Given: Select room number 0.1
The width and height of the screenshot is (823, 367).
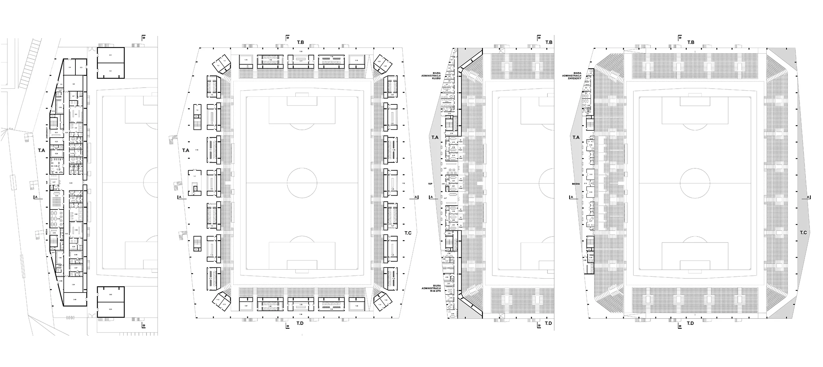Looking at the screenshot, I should tap(111, 55).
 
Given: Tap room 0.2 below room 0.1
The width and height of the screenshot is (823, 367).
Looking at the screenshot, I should tap(111, 71).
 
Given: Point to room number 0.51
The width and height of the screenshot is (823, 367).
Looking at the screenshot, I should tap(111, 309).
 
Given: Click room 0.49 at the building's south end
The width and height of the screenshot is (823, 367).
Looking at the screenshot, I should tap(75, 299).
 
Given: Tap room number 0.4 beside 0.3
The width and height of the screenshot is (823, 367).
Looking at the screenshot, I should tap(70, 67).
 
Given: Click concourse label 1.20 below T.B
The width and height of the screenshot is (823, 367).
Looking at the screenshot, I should tap(300, 52).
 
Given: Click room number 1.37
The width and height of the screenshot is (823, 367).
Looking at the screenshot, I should tap(246, 306).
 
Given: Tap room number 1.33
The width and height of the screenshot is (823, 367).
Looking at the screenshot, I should tap(356, 306).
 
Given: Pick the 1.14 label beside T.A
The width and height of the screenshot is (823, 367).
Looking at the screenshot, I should tap(197, 150).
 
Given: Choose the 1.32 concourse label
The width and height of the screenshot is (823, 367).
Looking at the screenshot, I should tap(404, 183).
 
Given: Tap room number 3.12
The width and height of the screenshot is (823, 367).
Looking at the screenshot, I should tap(591, 174).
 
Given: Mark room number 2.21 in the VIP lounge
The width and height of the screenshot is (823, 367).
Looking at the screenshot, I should tap(445, 168).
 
